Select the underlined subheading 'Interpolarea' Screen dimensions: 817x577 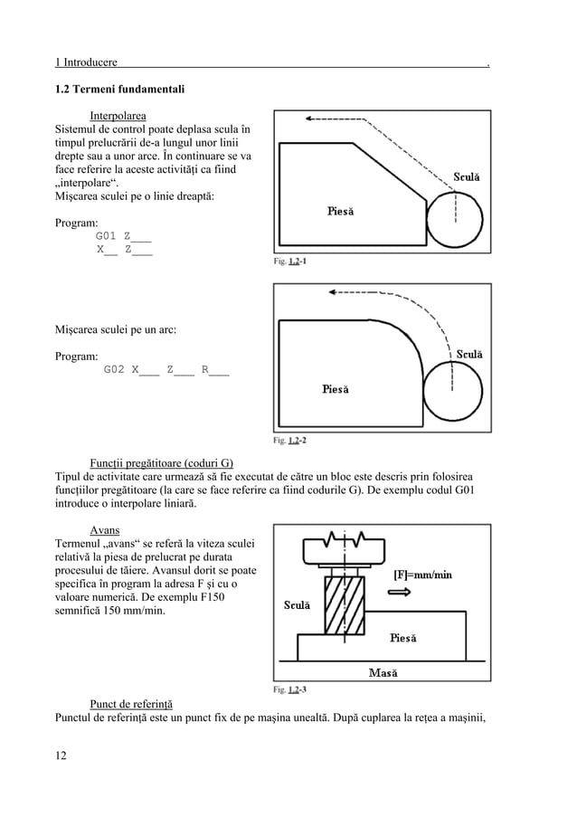(x=118, y=115)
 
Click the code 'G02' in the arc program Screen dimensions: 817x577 (x=115, y=369)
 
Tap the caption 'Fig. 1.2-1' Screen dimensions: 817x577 (x=290, y=261)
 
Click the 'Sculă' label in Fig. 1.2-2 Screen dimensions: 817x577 (x=468, y=354)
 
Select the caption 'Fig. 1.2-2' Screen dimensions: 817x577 (x=290, y=441)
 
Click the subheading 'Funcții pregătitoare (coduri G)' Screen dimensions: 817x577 (x=162, y=463)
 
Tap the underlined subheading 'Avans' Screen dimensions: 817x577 (x=106, y=529)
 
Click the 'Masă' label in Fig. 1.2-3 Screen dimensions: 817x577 (x=386, y=672)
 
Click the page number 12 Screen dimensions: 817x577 (x=61, y=755)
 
